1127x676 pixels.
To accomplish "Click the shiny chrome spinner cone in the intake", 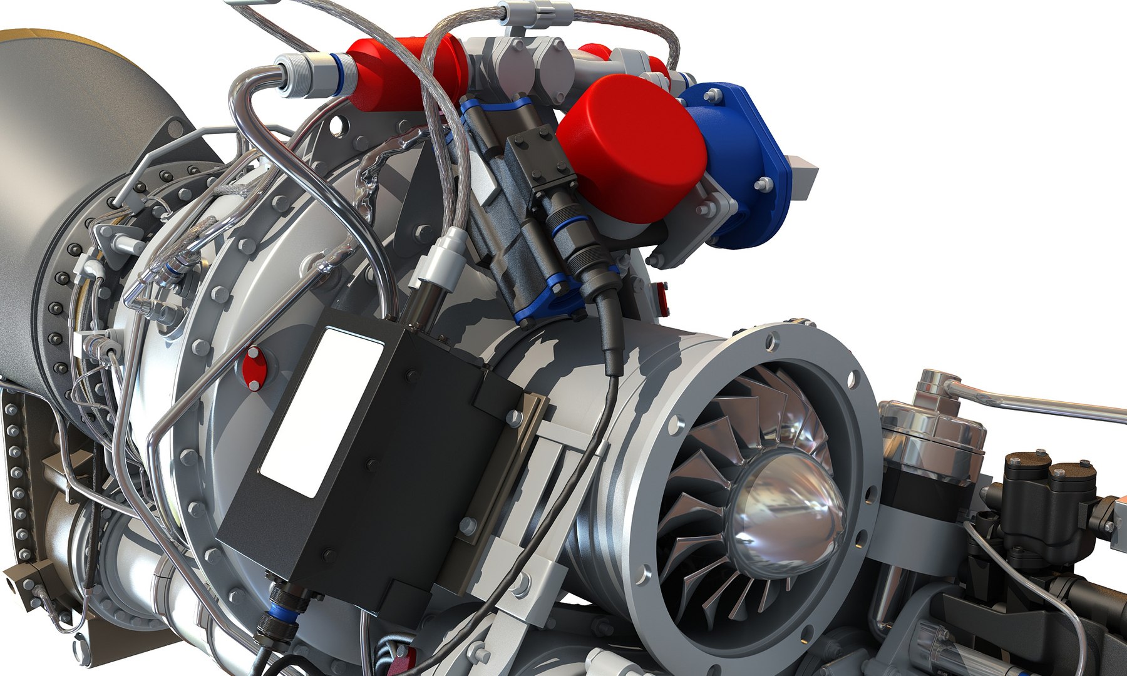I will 786,513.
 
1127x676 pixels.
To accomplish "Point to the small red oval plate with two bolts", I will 253,369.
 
